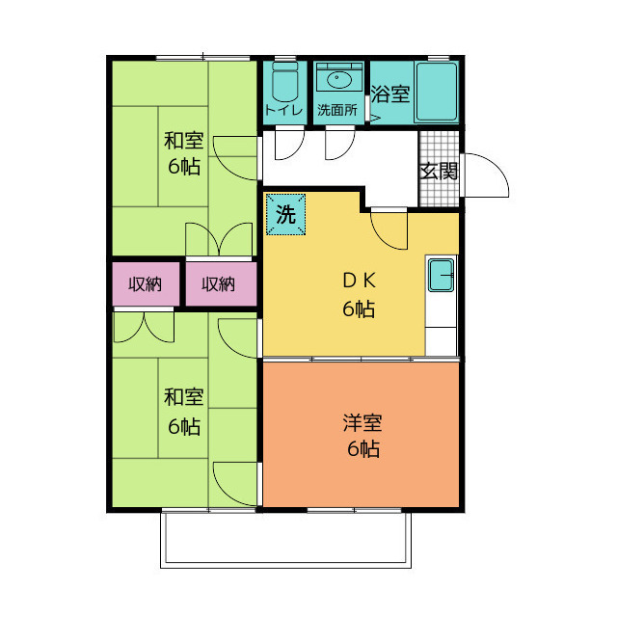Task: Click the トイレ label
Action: (283, 111)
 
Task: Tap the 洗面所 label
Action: (337, 111)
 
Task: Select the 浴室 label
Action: (390, 95)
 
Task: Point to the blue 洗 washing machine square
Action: (285, 215)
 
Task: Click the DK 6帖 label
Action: (358, 296)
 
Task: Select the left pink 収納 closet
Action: (145, 284)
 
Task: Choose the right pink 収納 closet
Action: (219, 284)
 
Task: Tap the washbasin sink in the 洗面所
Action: (338, 79)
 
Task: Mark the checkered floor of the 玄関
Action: (439, 193)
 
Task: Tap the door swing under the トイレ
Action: (287, 146)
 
